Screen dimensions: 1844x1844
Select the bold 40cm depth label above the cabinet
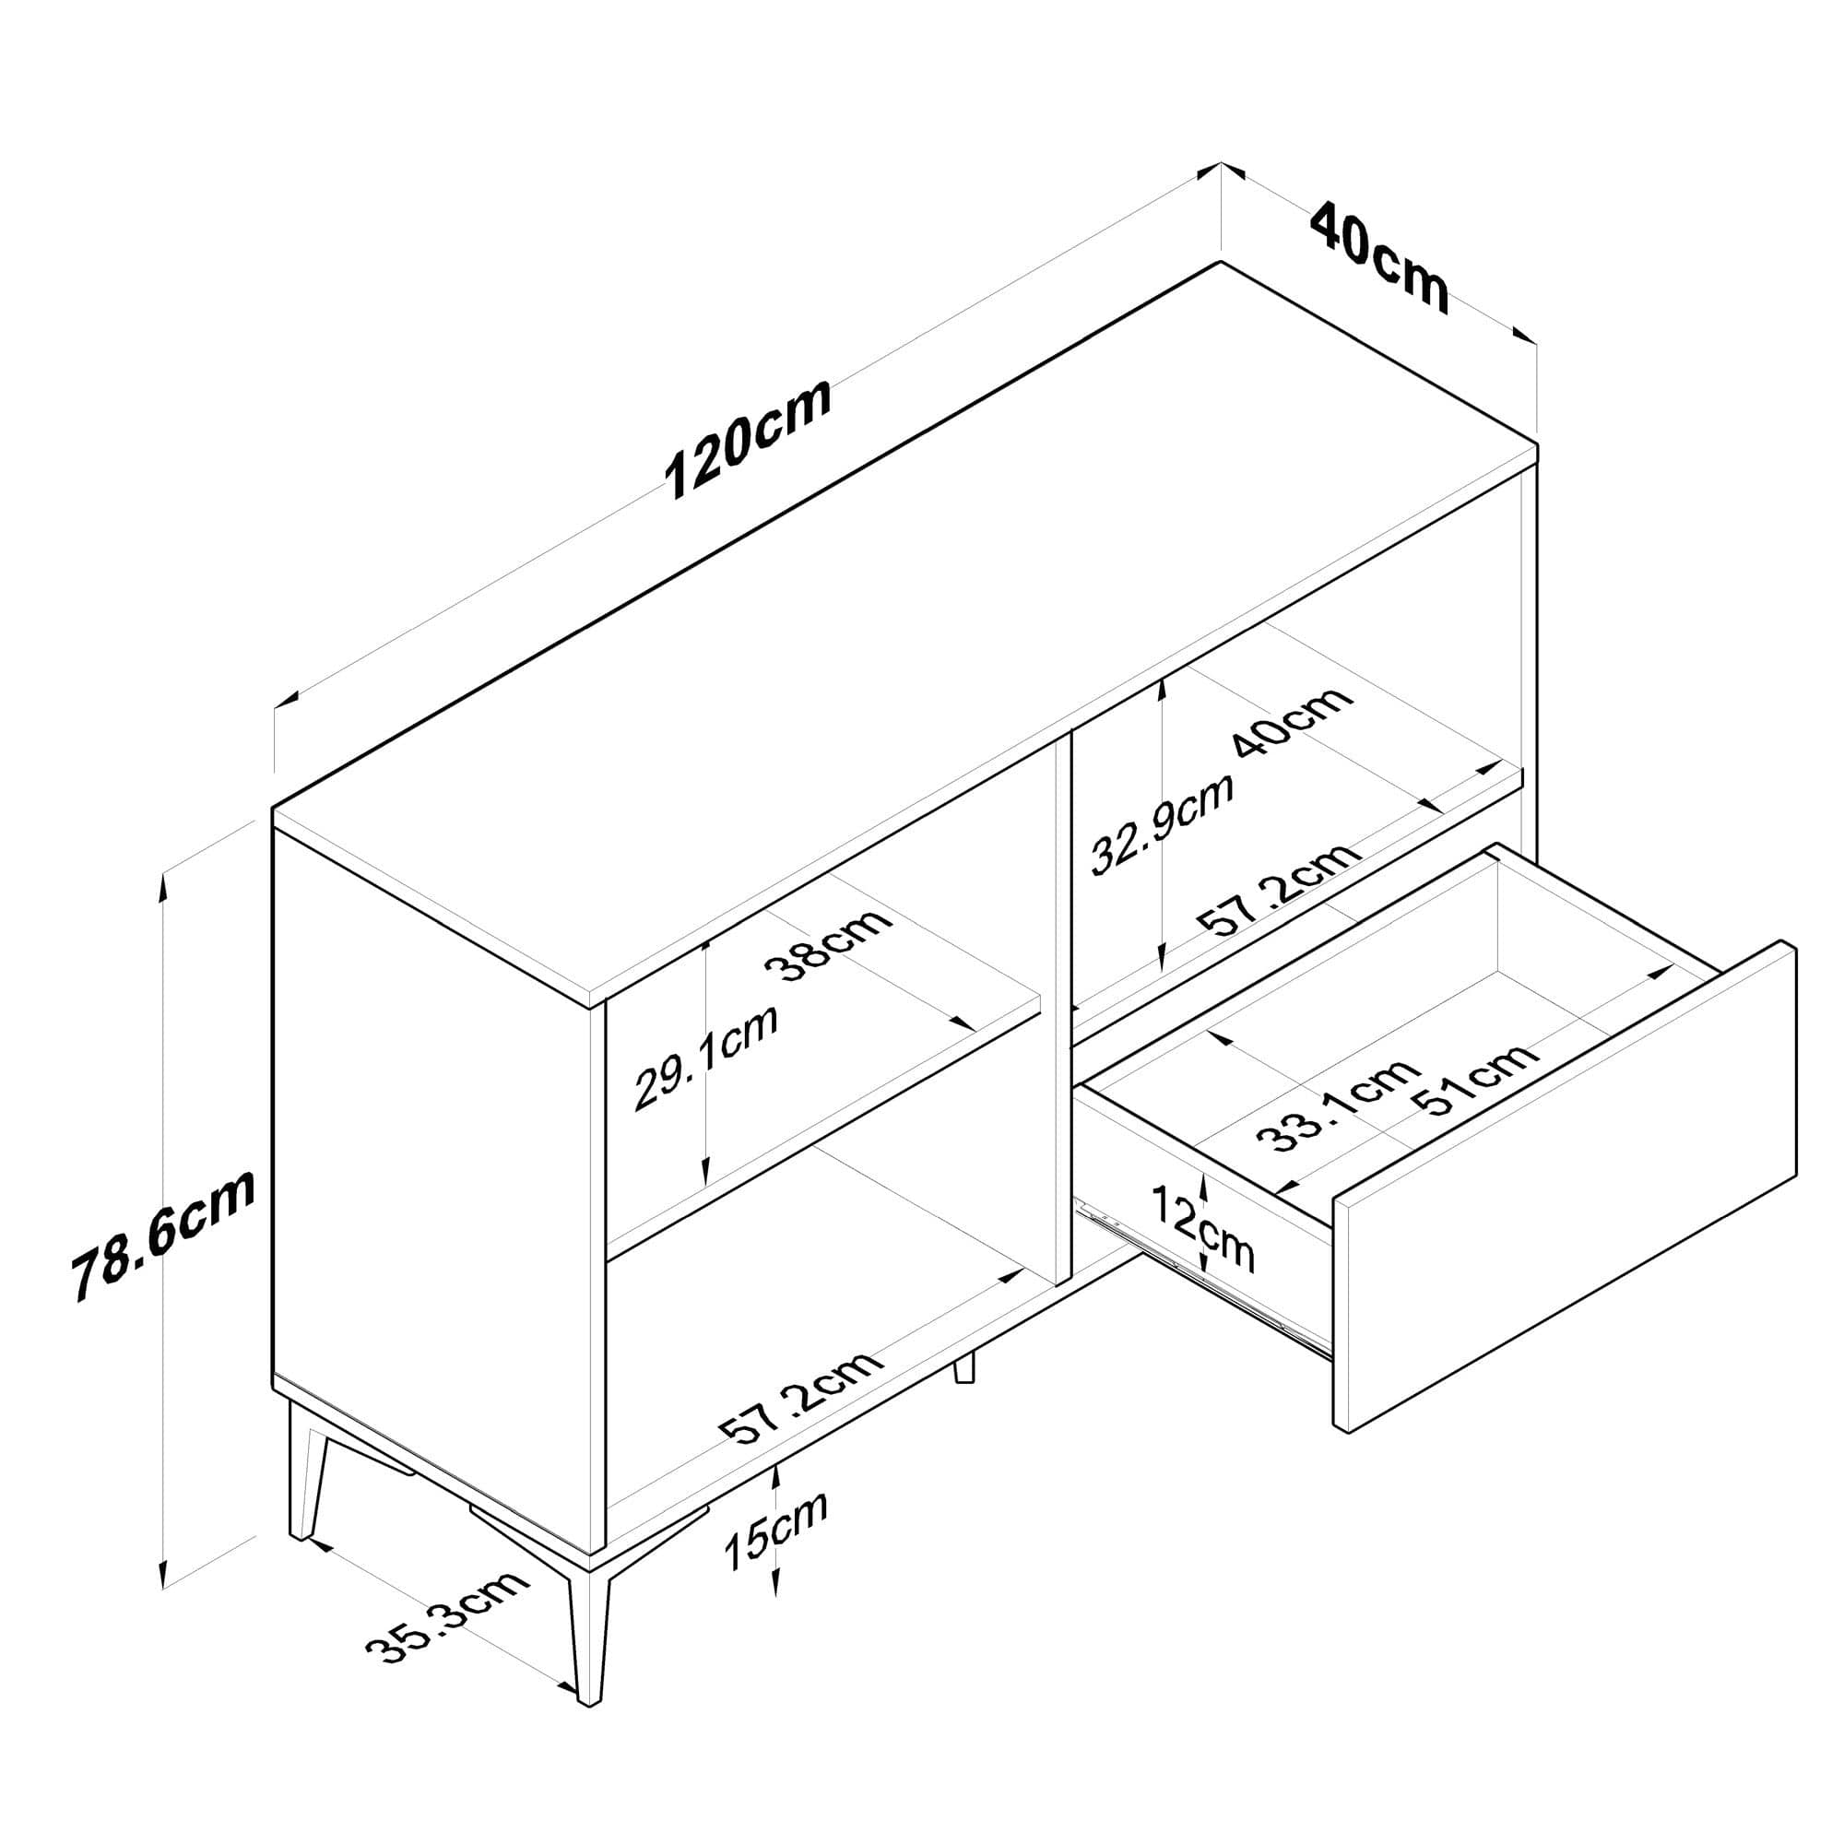coord(1377,255)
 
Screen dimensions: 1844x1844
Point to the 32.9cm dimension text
coord(1162,822)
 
